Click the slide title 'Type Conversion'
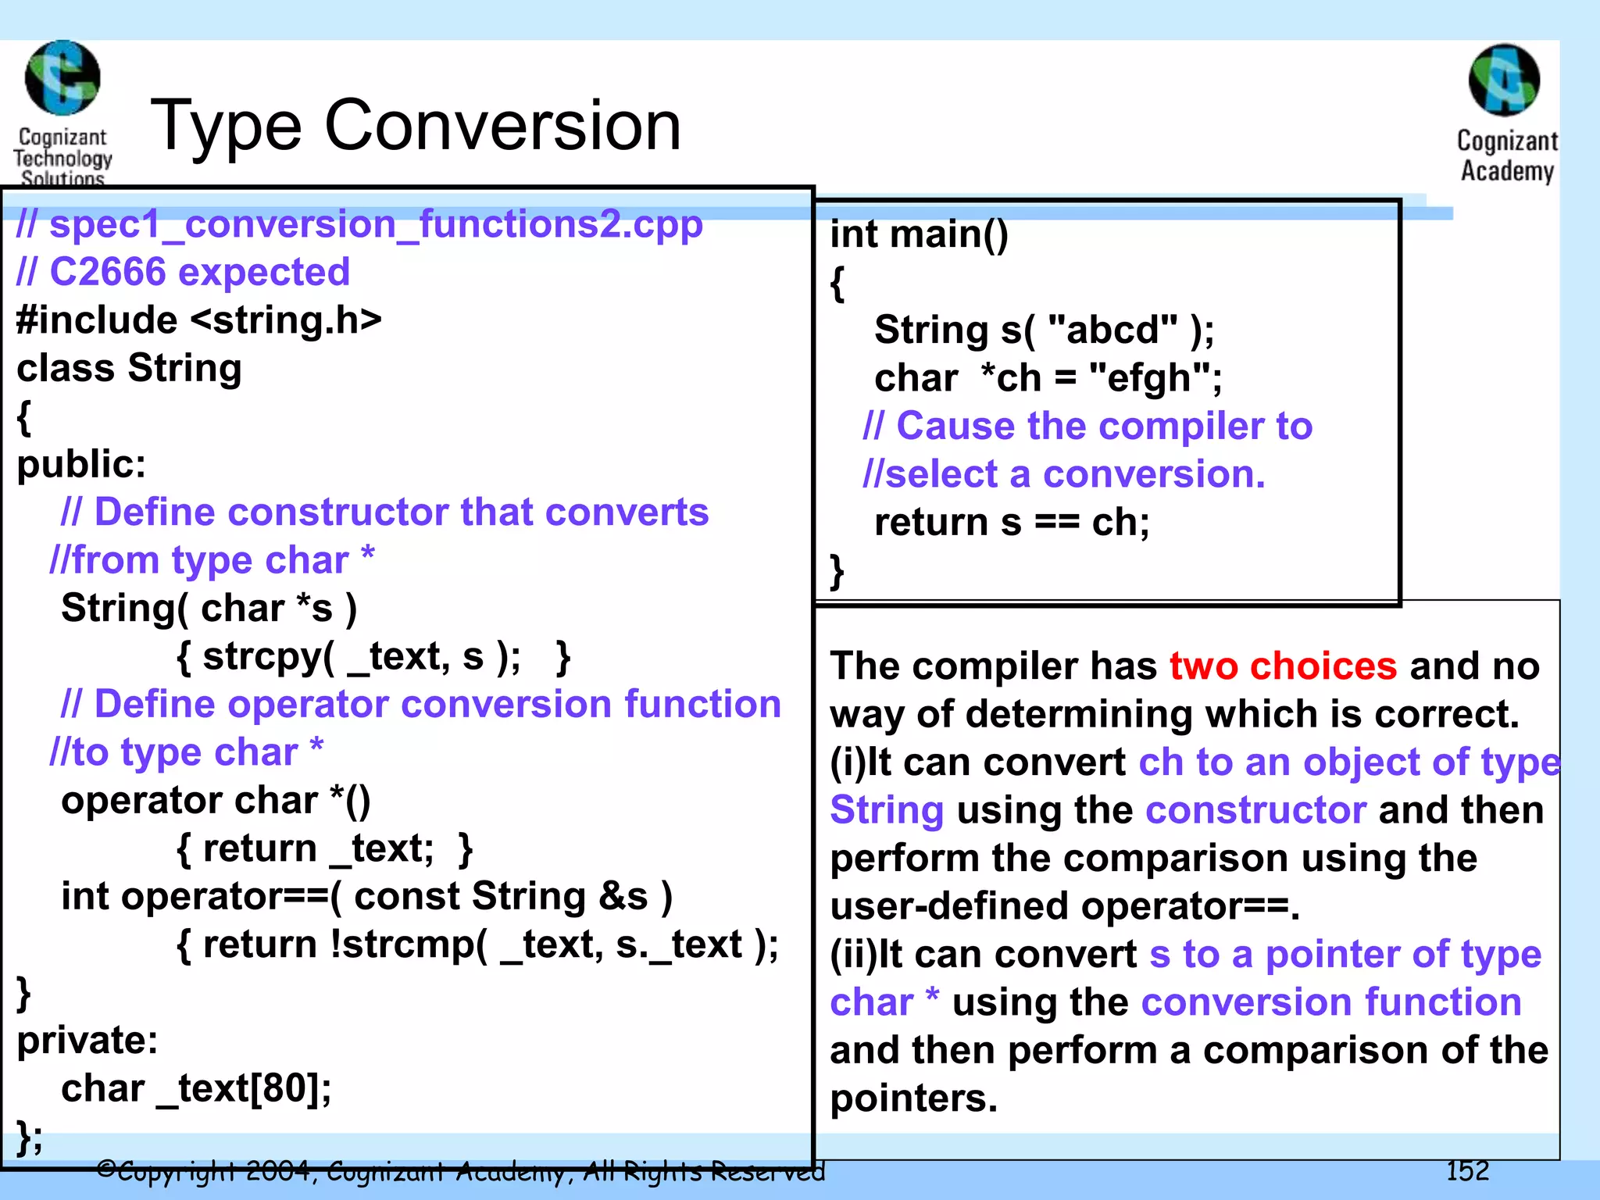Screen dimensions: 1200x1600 (415, 126)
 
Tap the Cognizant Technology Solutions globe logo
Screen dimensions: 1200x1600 (62, 78)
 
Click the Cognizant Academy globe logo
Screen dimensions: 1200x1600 (1504, 80)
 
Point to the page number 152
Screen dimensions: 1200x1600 (1467, 1170)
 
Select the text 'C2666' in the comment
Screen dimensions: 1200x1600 (108, 272)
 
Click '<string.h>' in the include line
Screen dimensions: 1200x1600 (286, 320)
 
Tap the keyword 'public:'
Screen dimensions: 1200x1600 (81, 464)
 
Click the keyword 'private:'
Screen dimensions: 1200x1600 (87, 1041)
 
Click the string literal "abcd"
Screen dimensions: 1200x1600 (1112, 330)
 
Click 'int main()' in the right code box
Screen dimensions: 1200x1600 (919, 234)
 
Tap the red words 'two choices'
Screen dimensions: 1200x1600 (1283, 666)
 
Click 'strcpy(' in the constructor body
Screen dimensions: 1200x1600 (269, 656)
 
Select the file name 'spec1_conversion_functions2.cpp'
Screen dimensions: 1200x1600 (376, 224)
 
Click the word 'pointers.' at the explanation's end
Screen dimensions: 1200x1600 (913, 1098)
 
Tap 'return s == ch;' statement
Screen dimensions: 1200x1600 (1012, 522)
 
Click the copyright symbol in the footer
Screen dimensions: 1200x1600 (106, 1170)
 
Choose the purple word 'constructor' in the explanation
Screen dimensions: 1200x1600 (1255, 810)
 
